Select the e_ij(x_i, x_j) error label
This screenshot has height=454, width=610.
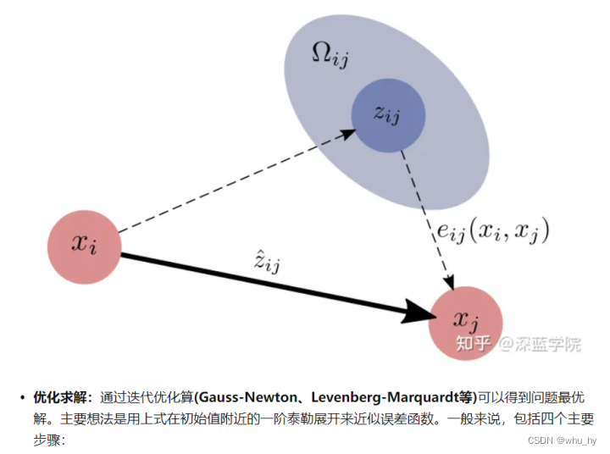[492, 230]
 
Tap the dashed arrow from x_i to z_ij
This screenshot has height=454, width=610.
[237, 181]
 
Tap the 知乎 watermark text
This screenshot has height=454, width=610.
[474, 344]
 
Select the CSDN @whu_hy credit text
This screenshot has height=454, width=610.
[562, 440]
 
